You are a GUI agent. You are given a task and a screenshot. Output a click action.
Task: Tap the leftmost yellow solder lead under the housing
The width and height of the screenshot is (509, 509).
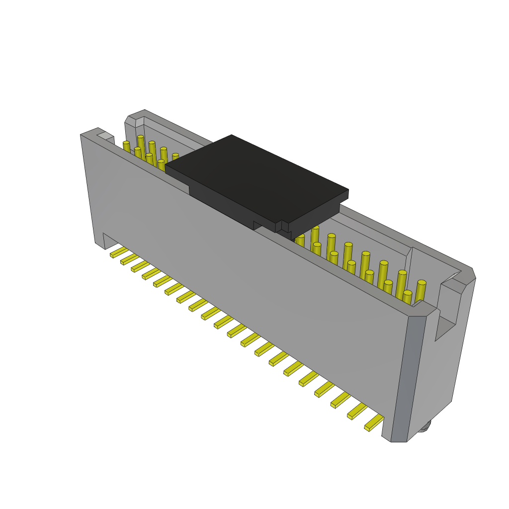point(119,253)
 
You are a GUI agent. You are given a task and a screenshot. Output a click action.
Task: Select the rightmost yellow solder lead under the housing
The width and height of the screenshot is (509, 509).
point(374,423)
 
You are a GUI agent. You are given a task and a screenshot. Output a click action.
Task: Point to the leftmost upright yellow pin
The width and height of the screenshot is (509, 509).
point(126,147)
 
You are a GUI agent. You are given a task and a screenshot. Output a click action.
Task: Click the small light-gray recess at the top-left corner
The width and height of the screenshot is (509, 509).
point(105,135)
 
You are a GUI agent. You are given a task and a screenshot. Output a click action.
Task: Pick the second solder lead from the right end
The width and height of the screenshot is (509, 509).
point(357,412)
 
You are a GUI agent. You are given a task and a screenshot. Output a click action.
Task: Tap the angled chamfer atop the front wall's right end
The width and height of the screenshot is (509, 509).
point(424,309)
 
